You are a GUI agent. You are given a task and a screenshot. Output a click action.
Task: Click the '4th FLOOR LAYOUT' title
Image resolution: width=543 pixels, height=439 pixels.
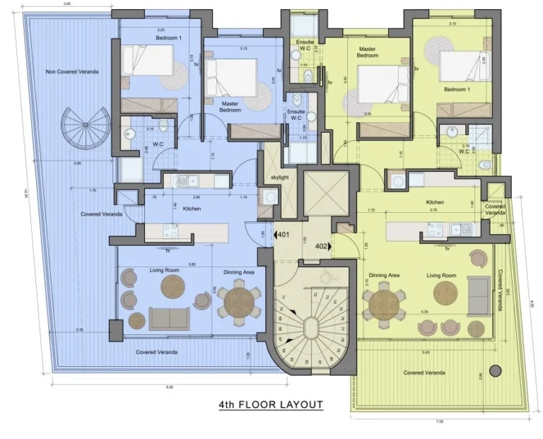click(270, 405)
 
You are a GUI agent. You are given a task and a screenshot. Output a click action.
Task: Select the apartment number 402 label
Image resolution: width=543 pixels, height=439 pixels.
click(321, 246)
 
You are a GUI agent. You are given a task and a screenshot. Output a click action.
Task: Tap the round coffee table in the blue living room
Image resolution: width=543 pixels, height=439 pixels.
click(173, 287)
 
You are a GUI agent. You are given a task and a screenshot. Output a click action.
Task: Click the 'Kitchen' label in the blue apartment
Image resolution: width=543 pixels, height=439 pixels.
click(192, 209)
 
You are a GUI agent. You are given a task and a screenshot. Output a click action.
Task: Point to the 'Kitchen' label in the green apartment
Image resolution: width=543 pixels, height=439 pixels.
click(434, 202)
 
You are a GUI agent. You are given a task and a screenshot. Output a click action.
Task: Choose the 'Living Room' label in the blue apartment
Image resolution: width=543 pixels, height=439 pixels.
click(166, 270)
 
